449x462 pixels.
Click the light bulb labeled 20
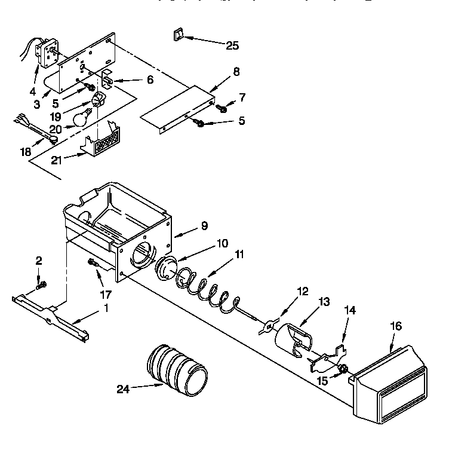point(82,117)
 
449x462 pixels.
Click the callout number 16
point(396,326)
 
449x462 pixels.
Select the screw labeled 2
point(41,285)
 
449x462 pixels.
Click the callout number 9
point(205,227)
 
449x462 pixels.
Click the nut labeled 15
point(344,371)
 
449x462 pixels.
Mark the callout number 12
point(302,291)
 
